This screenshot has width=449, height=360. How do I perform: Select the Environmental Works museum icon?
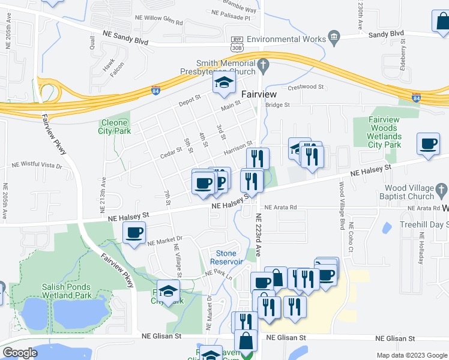point(334,39)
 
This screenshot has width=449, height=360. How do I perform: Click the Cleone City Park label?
point(113,126)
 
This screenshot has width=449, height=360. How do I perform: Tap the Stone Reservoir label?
point(226,257)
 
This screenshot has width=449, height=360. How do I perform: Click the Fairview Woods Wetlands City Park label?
point(384,132)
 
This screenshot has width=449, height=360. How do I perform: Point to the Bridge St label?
point(277,104)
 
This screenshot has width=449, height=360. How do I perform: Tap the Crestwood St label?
point(306,87)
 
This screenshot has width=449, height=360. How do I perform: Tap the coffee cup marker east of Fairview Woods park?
point(429,144)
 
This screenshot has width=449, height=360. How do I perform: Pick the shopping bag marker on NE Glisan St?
point(246,341)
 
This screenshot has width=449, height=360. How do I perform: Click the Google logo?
point(20,353)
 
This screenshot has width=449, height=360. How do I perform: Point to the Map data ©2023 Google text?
point(411,355)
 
